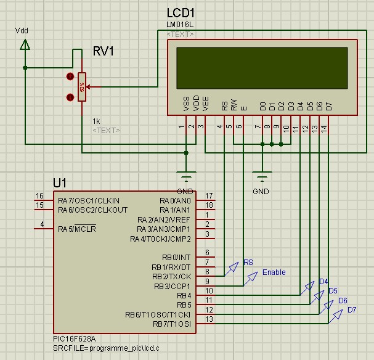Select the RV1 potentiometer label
pyautogui.click(x=103, y=51)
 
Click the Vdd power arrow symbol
pyautogui.click(x=24, y=44)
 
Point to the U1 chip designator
pyautogui.click(x=60, y=183)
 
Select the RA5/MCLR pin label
pyautogui.click(x=77, y=229)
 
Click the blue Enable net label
pyautogui.click(x=274, y=272)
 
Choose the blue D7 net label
pyautogui.click(x=352, y=309)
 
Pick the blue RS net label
pyautogui.click(x=248, y=263)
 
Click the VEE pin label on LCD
pyautogui.click(x=206, y=103)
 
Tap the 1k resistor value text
pyautogui.click(x=96, y=121)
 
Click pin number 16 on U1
pyautogui.click(x=39, y=196)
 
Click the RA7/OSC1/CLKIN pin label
pyautogui.click(x=89, y=201)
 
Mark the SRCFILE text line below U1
pyautogui.click(x=97, y=348)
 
